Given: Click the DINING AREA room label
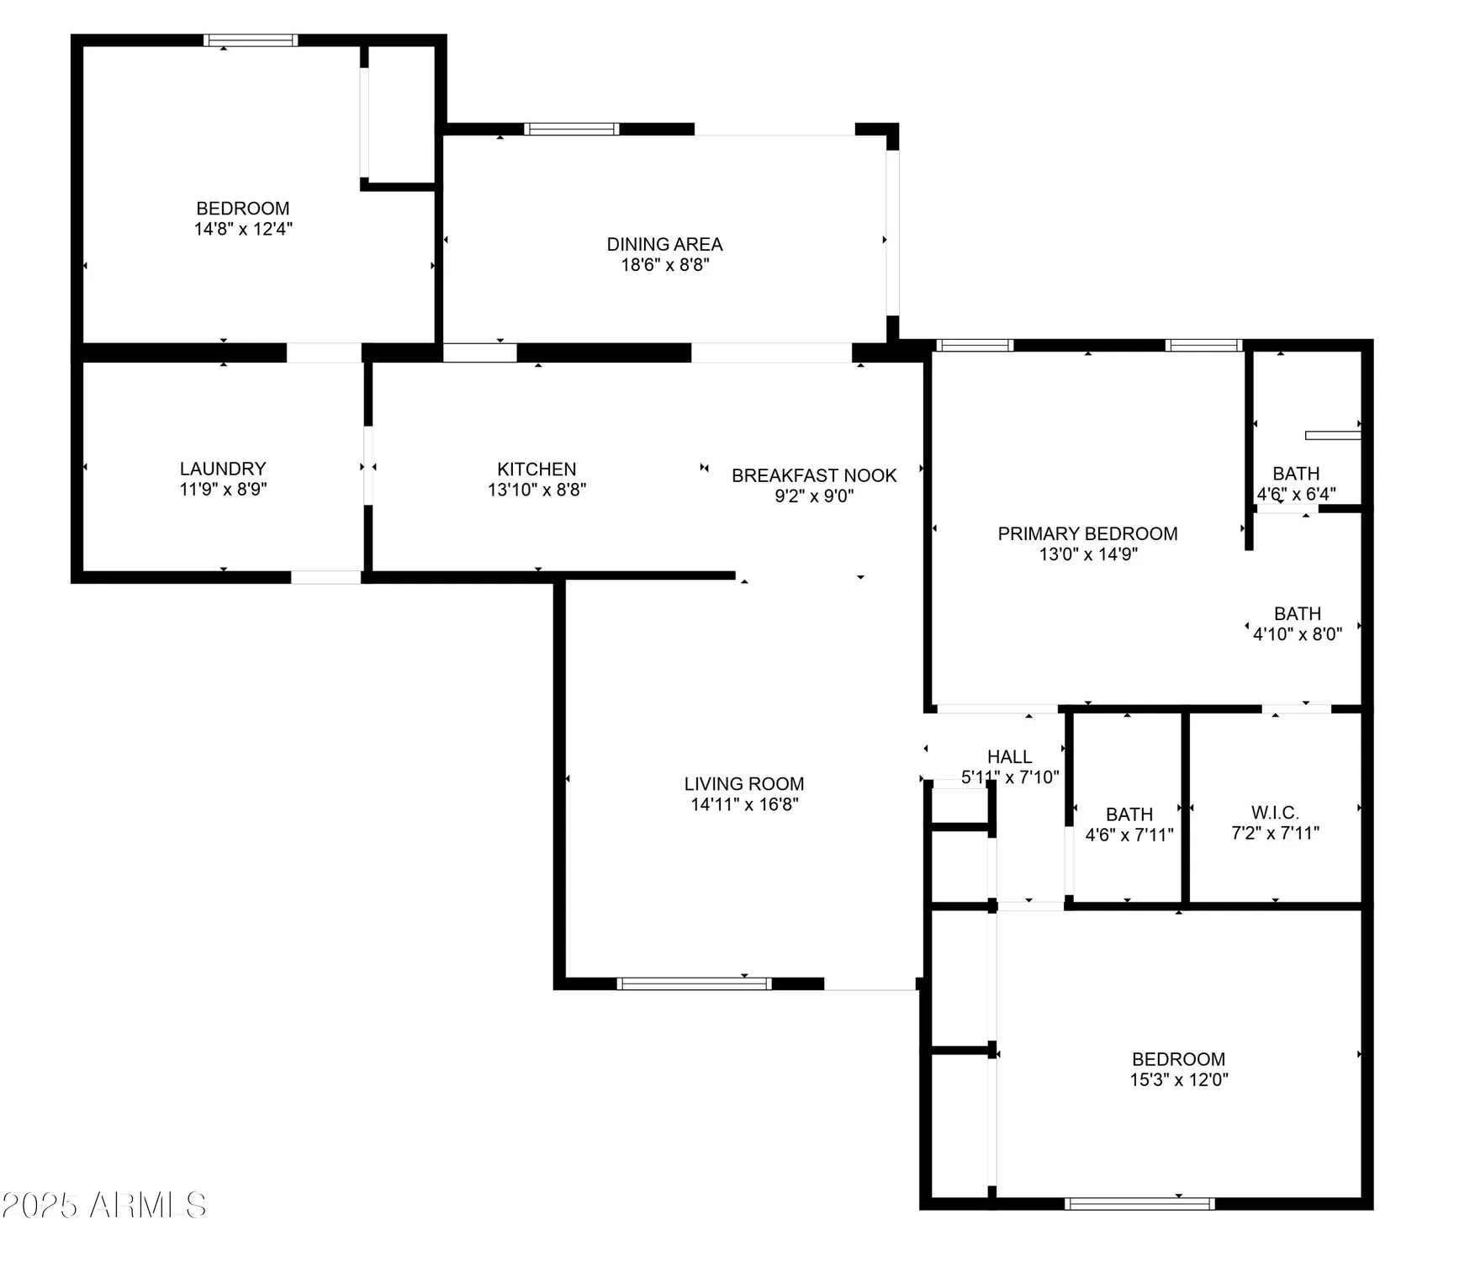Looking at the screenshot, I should click(664, 245).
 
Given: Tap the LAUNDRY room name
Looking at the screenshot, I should click(223, 469).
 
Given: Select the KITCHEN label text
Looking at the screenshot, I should click(537, 469).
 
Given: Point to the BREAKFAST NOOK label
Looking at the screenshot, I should click(814, 475).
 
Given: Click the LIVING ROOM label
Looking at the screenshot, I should click(744, 784).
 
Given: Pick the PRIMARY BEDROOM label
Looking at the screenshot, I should click(1087, 533).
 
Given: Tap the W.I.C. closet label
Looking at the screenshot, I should click(1275, 813).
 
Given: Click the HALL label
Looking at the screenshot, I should click(1009, 756).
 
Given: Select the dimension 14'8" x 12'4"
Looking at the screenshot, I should click(243, 229).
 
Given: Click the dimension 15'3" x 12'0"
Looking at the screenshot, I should click(1179, 1080).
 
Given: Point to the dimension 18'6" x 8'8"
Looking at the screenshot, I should click(664, 265).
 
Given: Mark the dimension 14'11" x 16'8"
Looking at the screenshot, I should click(744, 804).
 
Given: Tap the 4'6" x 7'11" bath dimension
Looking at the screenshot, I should click(1129, 835).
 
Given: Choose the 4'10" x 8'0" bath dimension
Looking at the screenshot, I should click(1297, 634).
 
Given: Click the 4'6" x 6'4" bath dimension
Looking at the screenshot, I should click(1296, 494).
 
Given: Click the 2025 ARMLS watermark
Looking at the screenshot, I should click(104, 1206).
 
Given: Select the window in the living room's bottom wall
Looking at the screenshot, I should click(694, 984).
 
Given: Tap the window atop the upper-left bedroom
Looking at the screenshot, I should click(251, 40).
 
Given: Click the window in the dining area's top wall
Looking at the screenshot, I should click(572, 129).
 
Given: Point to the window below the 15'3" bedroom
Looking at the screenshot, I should click(1139, 1204).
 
